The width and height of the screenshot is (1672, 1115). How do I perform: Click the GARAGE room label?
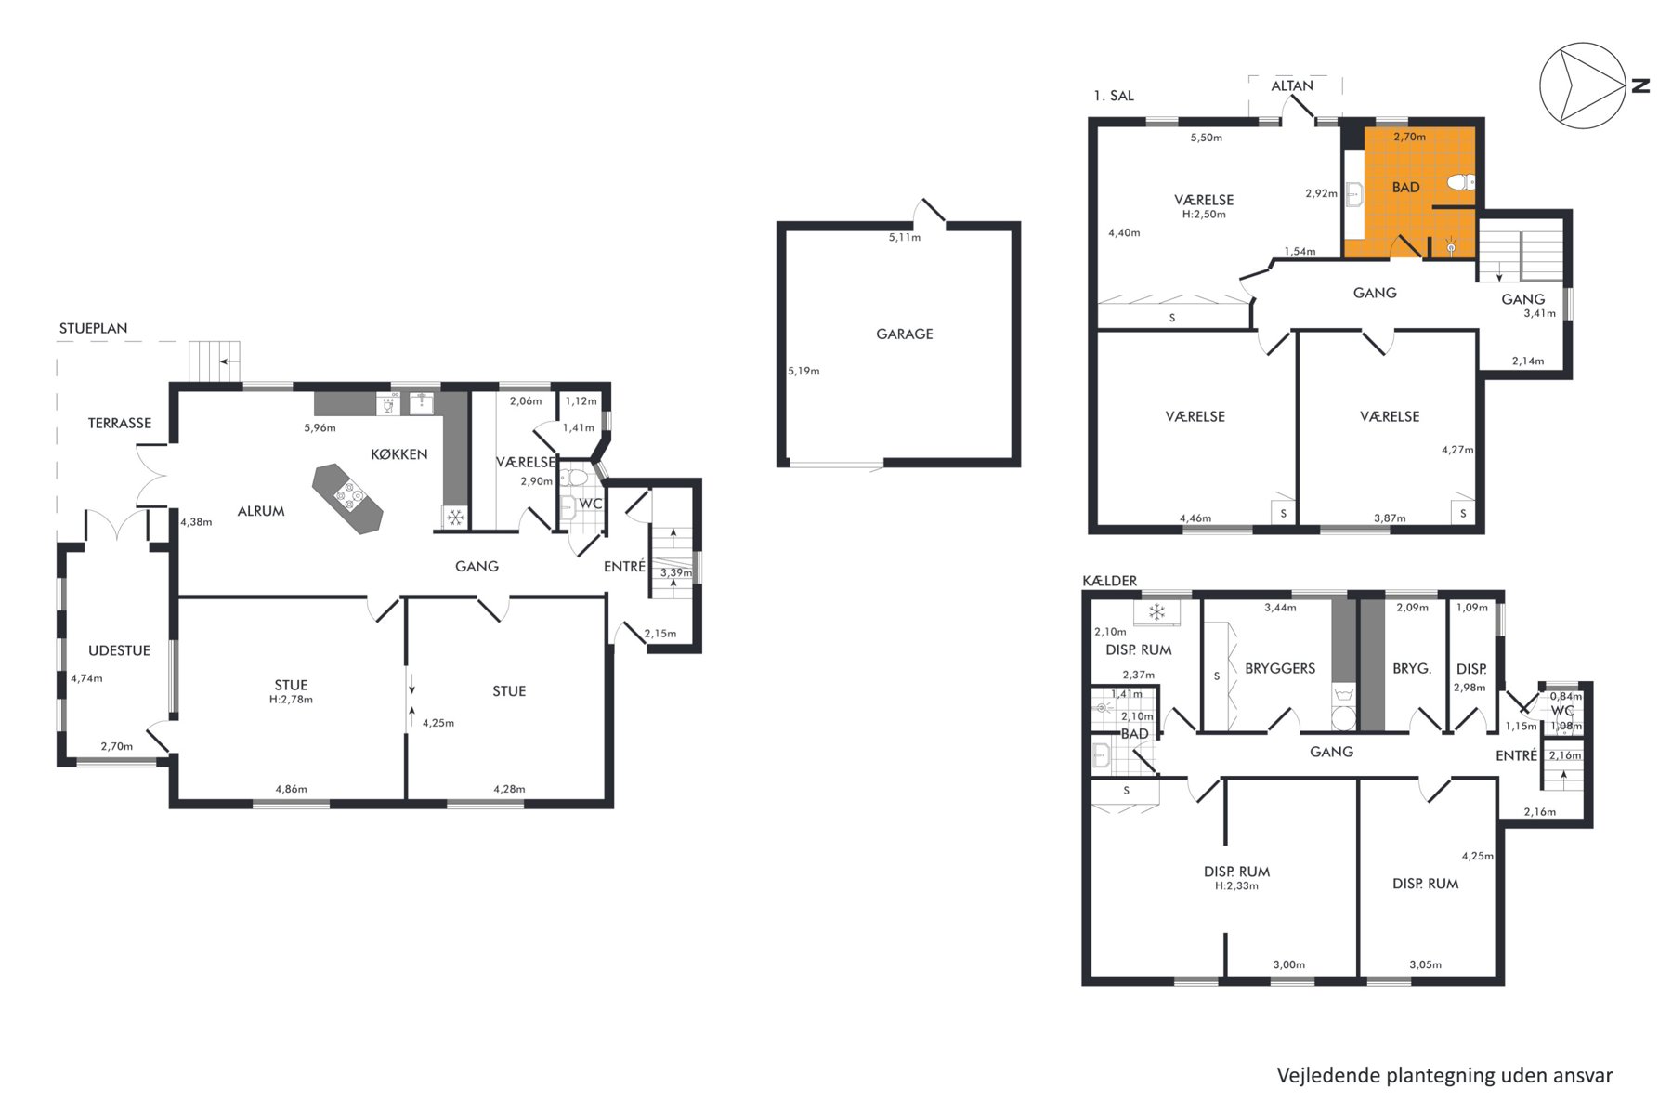[904, 334]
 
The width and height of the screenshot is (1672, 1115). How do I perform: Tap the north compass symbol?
[1583, 85]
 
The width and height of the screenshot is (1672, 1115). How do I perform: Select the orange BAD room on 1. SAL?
[1409, 192]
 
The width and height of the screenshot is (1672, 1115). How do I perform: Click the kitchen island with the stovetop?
[347, 499]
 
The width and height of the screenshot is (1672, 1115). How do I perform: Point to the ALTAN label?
[1292, 85]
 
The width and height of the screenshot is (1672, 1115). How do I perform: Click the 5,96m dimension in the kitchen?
[320, 428]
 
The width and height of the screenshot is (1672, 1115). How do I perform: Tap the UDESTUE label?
[119, 650]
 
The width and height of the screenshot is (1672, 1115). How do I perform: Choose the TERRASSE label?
[120, 423]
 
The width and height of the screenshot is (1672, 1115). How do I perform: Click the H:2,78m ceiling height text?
[291, 700]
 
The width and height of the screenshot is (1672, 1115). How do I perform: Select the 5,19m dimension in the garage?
[803, 371]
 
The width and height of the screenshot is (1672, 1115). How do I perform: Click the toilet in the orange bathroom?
[1461, 181]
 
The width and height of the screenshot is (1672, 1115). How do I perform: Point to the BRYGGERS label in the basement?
[1280, 668]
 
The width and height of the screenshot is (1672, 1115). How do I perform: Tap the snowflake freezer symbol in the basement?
[1156, 612]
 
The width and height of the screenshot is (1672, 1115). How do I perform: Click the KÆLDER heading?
[1110, 581]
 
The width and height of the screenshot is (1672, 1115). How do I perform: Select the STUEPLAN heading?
[94, 328]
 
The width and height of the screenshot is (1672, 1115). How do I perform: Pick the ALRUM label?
[261, 511]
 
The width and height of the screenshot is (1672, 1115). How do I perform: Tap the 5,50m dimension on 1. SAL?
[1207, 138]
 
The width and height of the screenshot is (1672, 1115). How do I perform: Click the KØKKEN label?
[399, 454]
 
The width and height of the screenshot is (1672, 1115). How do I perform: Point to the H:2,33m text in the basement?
[1236, 886]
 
